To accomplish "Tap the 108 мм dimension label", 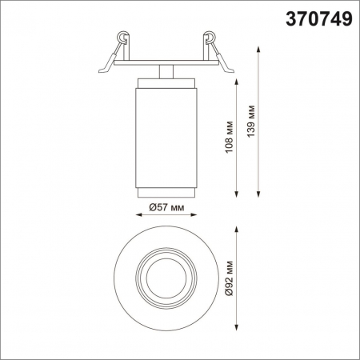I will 230,137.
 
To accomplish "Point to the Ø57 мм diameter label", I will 166,208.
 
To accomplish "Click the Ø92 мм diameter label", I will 229,278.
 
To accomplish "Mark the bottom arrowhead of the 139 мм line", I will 258,194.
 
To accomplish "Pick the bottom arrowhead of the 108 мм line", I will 238,194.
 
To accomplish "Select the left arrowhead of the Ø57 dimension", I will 133,217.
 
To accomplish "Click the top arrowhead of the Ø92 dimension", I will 238,228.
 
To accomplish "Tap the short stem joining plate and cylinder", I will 166,70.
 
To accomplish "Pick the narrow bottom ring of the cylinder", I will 166,191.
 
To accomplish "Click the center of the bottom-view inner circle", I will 166,278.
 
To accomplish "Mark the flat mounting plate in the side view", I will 166,62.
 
